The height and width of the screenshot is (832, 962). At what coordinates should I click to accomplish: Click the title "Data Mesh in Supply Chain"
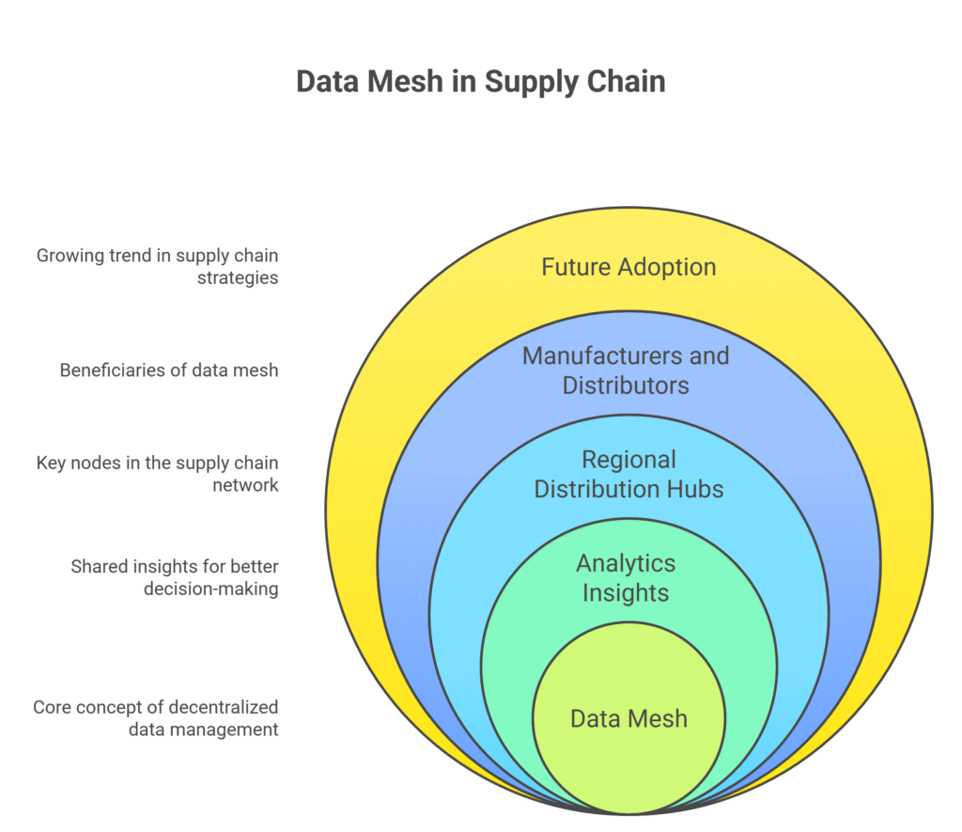coord(480,81)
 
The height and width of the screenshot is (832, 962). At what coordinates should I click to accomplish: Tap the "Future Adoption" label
coord(628,267)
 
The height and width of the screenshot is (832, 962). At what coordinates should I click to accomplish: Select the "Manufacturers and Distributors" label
coord(626,370)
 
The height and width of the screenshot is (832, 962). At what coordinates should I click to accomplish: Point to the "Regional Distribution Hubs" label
coord(628,474)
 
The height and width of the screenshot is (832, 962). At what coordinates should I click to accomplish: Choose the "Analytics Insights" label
coord(626,577)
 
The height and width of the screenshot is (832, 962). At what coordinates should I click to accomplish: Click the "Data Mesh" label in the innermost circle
coord(628,719)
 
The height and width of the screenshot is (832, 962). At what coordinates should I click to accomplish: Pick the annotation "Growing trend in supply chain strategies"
coord(158,266)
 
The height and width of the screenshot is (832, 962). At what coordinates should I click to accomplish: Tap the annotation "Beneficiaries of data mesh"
coord(169,369)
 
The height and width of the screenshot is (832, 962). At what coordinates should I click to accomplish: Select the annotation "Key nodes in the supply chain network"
coord(158,474)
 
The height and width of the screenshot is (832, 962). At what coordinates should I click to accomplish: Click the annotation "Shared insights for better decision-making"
coord(175,577)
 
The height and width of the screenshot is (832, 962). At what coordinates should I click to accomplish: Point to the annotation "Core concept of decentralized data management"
coord(156,717)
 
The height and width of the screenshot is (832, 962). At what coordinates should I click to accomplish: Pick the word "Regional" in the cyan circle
coord(628,460)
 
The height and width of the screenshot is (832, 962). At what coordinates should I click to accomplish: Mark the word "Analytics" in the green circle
coord(626,563)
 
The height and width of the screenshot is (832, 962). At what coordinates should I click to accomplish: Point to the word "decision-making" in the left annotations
coord(211,589)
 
